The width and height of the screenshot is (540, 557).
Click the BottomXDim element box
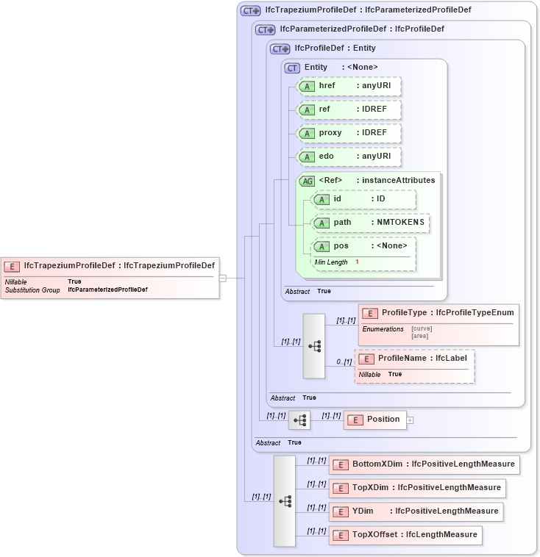pyautogui.click(x=423, y=464)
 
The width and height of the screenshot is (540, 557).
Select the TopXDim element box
pyautogui.click(x=416, y=487)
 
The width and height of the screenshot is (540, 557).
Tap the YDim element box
pyautogui.click(x=416, y=511)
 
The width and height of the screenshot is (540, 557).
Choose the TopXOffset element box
pyautogui.click(x=405, y=534)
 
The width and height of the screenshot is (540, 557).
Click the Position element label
pyautogui.click(x=383, y=419)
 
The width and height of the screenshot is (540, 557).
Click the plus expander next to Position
pyautogui.click(x=411, y=420)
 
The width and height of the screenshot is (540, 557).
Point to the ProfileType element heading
pyautogui.click(x=438, y=312)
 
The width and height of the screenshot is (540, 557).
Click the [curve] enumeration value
pyautogui.click(x=422, y=328)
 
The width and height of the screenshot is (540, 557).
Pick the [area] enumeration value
pyautogui.click(x=420, y=335)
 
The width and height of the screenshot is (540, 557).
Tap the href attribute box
pyautogui.click(x=349, y=86)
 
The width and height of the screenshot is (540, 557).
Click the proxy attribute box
pyautogui.click(x=349, y=133)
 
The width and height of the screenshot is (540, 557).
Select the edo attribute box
pyautogui.click(x=349, y=157)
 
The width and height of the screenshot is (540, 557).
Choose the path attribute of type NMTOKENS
pyautogui.click(x=371, y=222)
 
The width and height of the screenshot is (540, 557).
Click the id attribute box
pyautogui.click(x=363, y=199)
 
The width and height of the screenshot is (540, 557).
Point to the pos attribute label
pyautogui.click(x=341, y=245)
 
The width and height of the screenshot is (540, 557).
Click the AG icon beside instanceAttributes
pyautogui.click(x=307, y=181)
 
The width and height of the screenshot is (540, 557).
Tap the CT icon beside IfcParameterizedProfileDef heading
pyautogui.click(x=266, y=30)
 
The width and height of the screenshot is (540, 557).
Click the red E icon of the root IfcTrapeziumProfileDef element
pyautogui.click(x=13, y=266)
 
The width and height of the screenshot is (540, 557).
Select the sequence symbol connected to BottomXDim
pyautogui.click(x=284, y=500)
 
